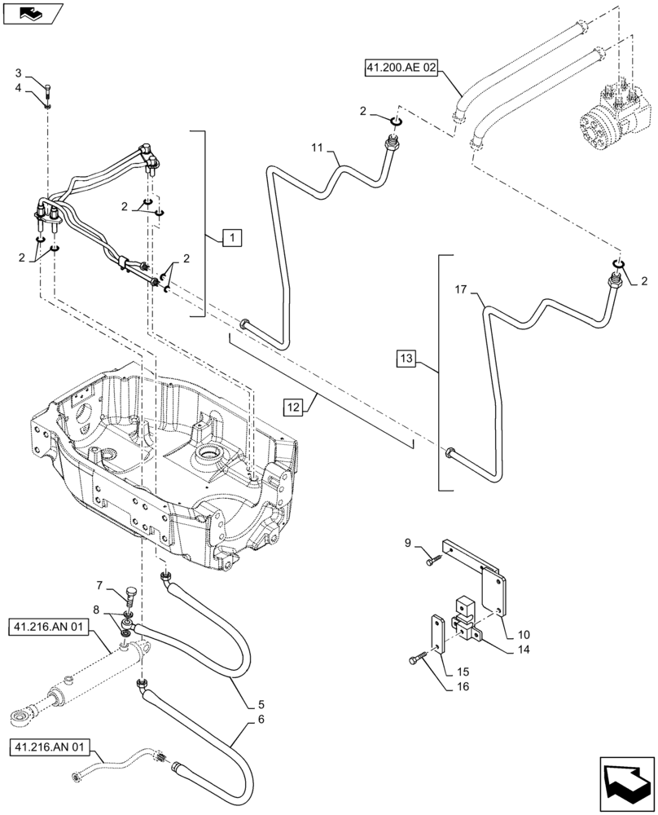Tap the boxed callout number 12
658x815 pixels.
[295, 405]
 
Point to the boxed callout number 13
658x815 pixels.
[408, 357]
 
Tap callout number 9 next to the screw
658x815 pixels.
[410, 542]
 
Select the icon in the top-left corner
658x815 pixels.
[33, 13]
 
